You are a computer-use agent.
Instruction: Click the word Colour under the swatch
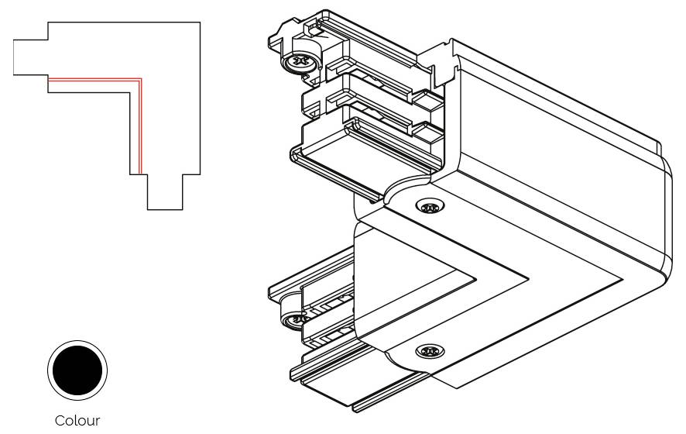click(77, 421)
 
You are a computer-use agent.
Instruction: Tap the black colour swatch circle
click(77, 368)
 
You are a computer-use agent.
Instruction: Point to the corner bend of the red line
click(140, 79)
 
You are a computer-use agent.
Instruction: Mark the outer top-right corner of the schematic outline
click(201, 22)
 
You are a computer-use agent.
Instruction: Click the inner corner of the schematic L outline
click(129, 92)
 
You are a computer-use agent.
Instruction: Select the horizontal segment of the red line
click(93, 79)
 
